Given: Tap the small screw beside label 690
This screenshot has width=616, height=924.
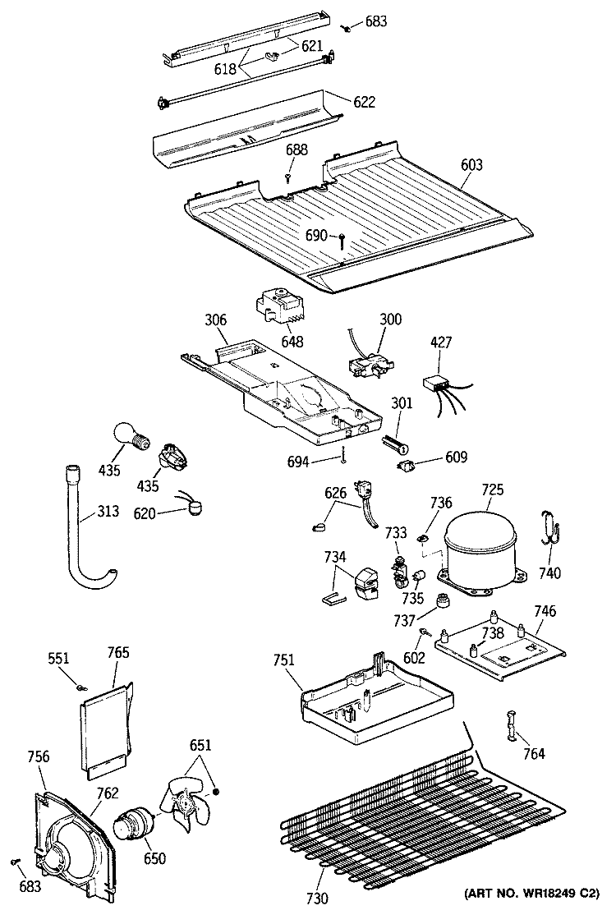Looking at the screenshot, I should [x=341, y=239].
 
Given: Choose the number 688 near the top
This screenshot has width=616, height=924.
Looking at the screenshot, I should [x=297, y=150].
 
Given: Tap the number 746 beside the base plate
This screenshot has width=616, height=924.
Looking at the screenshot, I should [x=545, y=611].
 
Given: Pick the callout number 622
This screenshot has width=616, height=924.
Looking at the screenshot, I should [x=365, y=102].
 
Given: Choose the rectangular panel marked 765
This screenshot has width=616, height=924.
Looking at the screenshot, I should [x=107, y=727].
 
